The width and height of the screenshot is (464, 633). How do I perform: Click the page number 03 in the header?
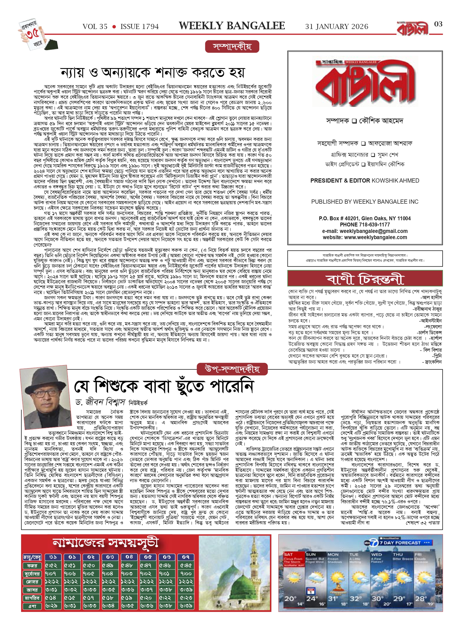(438, 24)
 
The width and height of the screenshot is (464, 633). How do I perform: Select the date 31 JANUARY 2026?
(337, 27)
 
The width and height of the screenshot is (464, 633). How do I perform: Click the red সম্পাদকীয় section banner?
(232, 47)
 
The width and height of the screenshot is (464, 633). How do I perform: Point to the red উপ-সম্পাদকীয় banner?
(232, 369)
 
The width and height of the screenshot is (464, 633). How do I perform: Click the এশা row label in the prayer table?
(32, 606)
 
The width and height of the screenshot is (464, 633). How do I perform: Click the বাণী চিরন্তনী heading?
(365, 279)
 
